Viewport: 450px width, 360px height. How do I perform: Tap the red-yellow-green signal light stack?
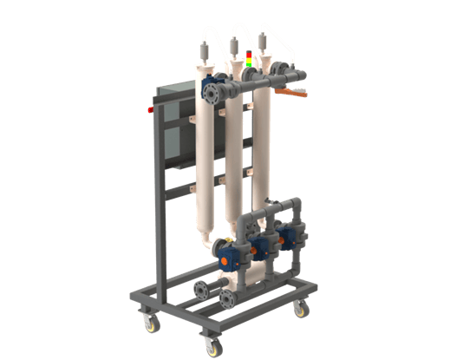(x=251, y=57)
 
